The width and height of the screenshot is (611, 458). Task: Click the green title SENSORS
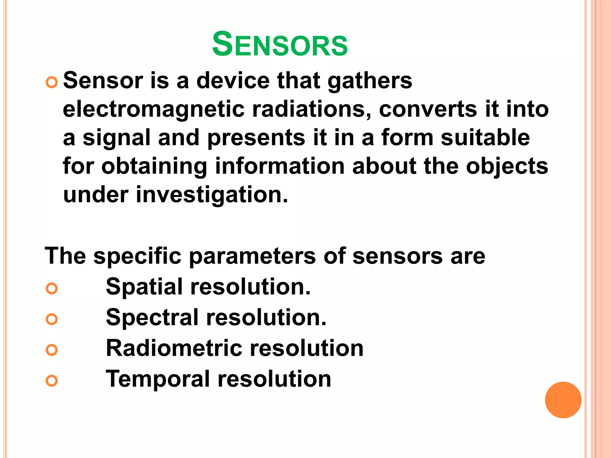click(280, 45)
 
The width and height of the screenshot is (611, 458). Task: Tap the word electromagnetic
click(154, 109)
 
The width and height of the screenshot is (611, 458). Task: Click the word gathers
click(370, 81)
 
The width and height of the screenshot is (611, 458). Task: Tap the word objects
click(507, 166)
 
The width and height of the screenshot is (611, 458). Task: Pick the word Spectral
click(152, 318)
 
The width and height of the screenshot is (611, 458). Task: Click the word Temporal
click(158, 379)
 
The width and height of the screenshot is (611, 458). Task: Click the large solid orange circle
click(563, 400)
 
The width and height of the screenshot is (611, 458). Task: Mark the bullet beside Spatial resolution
click(52, 288)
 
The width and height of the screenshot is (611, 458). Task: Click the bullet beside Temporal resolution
click(52, 380)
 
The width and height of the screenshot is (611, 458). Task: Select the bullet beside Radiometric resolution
click(52, 349)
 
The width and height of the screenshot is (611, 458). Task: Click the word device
click(233, 81)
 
